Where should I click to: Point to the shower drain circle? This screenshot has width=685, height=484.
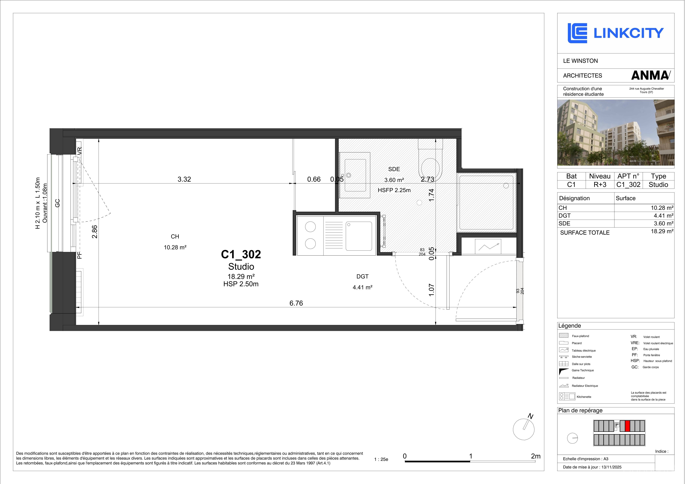506,186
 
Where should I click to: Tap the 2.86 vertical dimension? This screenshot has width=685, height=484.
95,232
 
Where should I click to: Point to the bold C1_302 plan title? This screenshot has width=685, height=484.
241,254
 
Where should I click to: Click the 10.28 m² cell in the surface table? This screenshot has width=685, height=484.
662,208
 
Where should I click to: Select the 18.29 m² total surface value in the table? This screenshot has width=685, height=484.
662,231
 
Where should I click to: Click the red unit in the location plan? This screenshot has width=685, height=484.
627,426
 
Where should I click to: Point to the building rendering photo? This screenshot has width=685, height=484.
616,132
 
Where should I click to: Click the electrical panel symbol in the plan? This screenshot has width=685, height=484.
488,247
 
